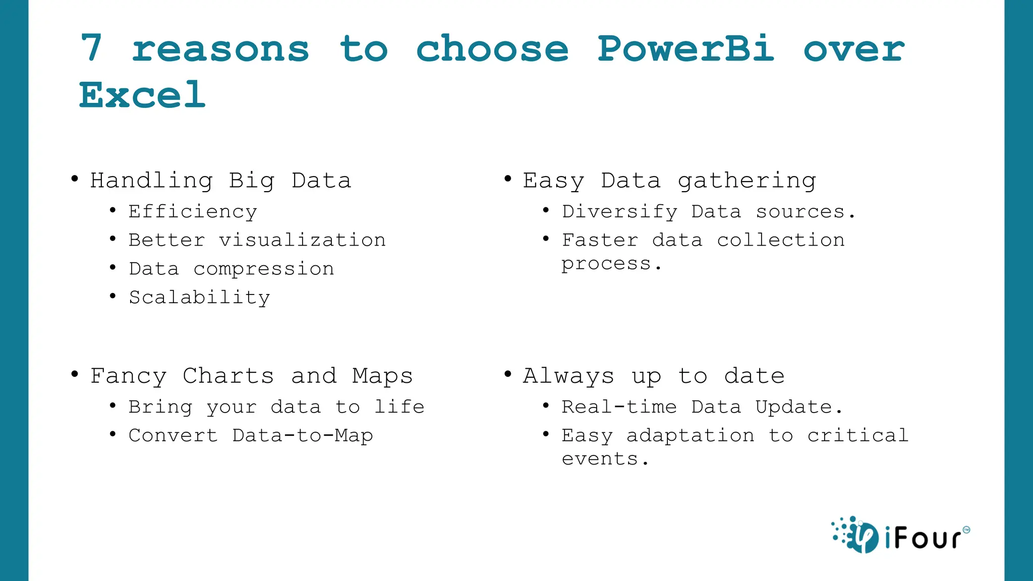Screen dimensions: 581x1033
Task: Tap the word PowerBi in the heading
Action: coord(685,49)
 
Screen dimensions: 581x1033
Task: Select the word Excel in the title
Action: coord(142,95)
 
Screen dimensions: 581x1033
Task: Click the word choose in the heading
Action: coord(492,49)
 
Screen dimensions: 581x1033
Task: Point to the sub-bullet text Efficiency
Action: coord(193,212)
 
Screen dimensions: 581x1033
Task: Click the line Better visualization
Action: coord(257,240)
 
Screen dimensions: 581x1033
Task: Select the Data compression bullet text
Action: coord(231,269)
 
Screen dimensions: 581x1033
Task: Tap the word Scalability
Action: coord(199,298)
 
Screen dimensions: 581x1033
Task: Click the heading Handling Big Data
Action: coord(220,181)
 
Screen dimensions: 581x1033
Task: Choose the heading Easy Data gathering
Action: coord(669,181)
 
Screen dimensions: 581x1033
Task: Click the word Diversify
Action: coord(619,212)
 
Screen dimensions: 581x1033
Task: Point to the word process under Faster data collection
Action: coord(606,264)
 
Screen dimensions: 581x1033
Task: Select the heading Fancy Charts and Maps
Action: coord(251,376)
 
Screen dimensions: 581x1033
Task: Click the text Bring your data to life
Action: coord(276,407)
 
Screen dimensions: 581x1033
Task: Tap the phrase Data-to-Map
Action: coord(302,436)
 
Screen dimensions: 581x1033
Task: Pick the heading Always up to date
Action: coord(653,376)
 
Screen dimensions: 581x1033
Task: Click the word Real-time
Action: coord(619,407)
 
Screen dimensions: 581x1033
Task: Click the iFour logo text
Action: coord(923,538)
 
